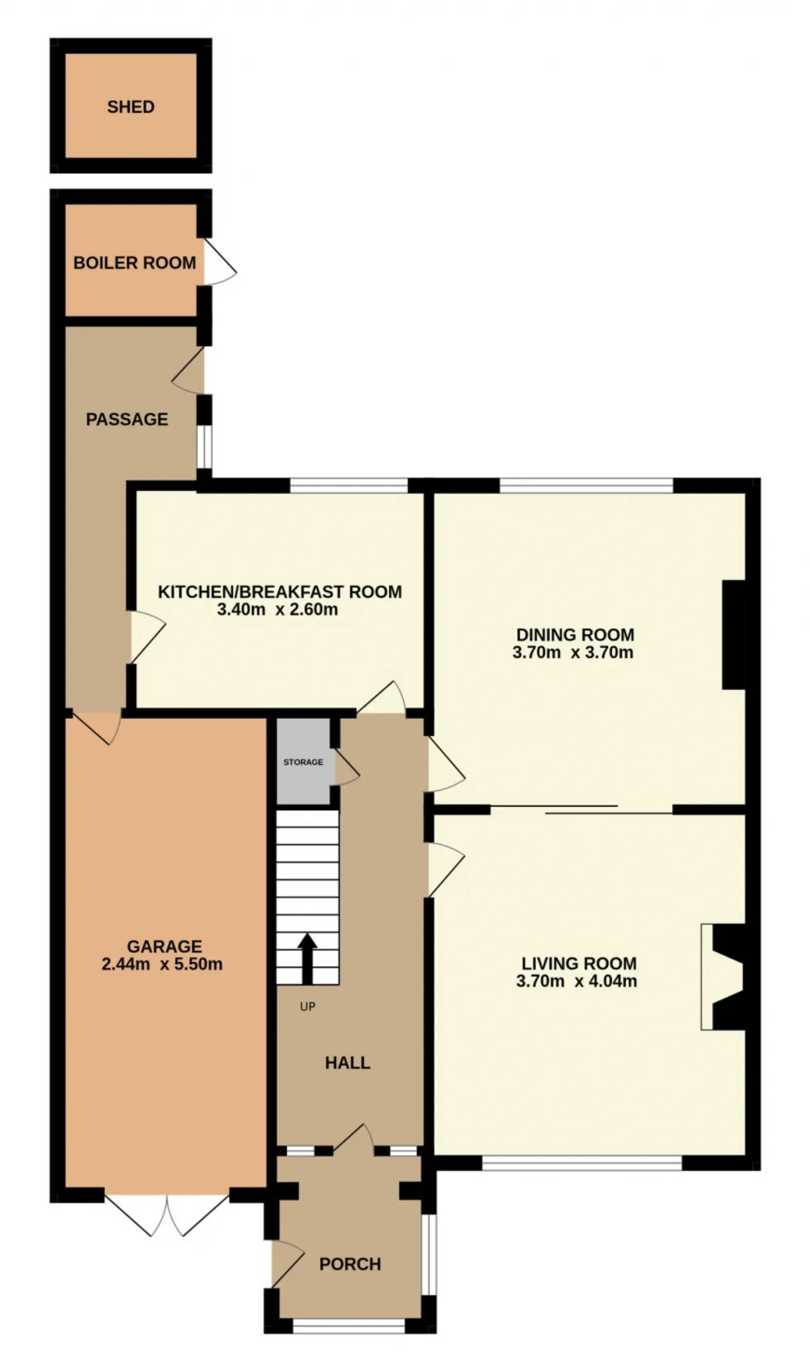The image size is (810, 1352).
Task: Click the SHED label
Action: coord(130,107)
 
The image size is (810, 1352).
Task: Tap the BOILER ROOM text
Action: coord(135,263)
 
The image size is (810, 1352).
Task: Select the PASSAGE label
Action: coord(127,419)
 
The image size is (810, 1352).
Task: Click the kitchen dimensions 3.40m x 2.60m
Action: coord(277,610)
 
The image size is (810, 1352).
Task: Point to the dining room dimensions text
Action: coord(573,652)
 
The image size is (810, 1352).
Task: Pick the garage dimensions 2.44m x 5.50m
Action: coord(162,964)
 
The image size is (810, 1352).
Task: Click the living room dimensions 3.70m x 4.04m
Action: coord(576,981)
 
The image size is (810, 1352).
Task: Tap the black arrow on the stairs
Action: coord(308,958)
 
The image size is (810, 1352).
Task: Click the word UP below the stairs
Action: coord(308,1006)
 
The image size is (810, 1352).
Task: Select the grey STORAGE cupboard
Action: coord(304,762)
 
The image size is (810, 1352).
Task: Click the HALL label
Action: coord(347,1062)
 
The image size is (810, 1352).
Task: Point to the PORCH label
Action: coord(350,1264)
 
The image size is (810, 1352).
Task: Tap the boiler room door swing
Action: coord(220,262)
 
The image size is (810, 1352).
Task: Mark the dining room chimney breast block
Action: coord(734,635)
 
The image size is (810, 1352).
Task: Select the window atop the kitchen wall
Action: coord(349,486)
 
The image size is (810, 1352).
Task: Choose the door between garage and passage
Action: coord(95,728)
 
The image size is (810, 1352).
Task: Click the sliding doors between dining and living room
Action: coord(582,809)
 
